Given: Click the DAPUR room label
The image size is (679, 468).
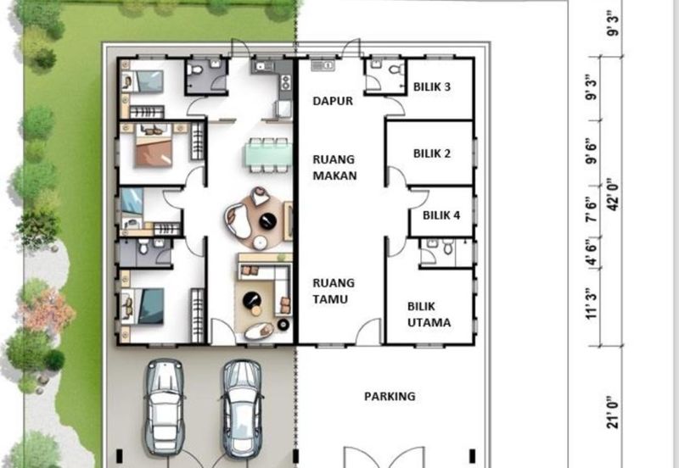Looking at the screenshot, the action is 333,101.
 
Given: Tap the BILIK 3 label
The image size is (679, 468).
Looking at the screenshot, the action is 432,86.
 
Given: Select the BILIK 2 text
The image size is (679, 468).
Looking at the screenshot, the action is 432,153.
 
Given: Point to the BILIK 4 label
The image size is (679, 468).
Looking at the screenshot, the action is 441,215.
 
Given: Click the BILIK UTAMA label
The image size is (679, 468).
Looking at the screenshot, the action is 429,315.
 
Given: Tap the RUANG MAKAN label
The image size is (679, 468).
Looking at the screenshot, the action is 334,167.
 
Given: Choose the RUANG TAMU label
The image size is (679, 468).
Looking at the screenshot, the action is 334,291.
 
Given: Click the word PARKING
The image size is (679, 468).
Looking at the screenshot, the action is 390,396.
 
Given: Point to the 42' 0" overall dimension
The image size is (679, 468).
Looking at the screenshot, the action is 614,194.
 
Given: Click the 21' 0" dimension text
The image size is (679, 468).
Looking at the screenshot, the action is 613,412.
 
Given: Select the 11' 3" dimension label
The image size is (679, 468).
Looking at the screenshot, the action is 591,304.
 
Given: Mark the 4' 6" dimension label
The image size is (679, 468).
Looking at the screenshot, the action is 591,253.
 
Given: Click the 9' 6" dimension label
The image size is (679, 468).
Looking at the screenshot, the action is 591,152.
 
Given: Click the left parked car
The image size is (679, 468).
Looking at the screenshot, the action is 164,407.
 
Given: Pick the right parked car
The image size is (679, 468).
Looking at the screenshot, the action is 242,409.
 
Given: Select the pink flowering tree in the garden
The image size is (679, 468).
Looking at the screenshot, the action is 48,309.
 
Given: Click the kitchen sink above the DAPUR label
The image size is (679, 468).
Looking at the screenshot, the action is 322,66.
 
